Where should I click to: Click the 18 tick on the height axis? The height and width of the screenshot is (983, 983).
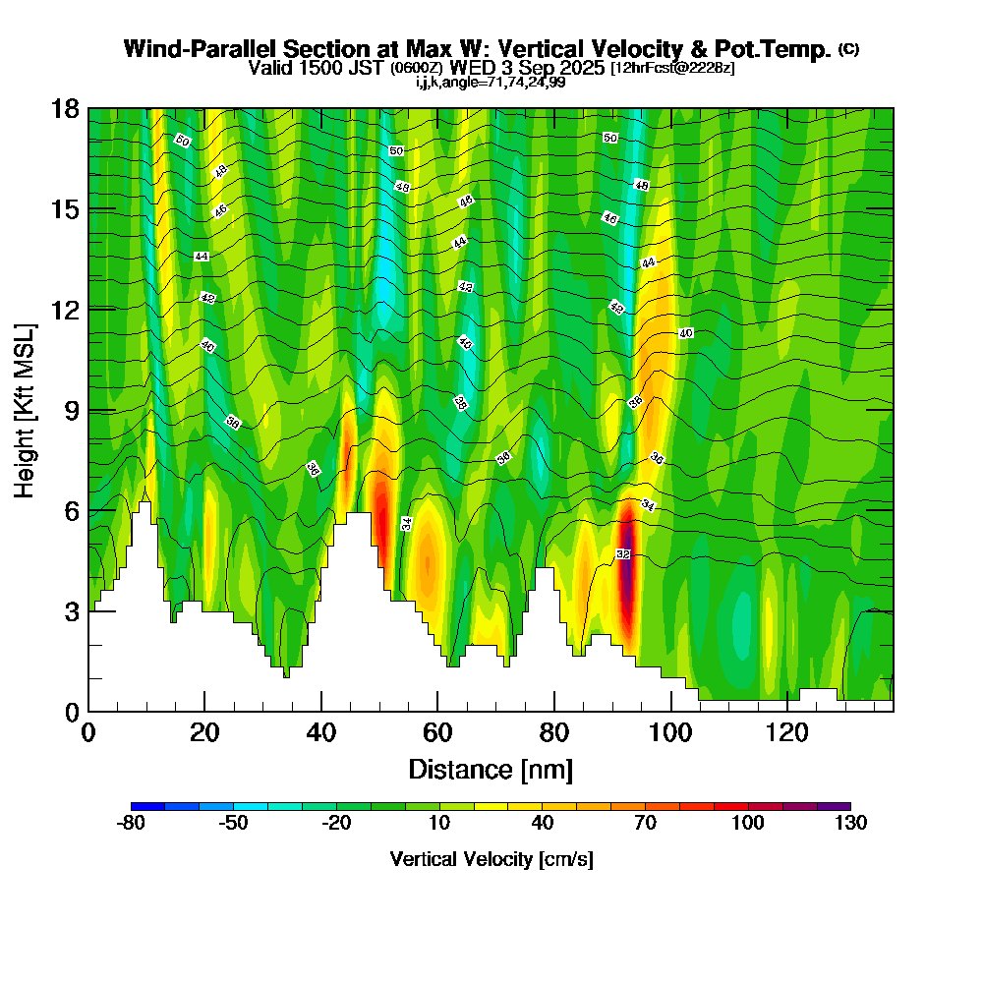pos(88,108)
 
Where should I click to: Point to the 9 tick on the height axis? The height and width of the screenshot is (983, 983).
pos(88,410)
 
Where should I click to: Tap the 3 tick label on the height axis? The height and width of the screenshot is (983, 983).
pos(68,611)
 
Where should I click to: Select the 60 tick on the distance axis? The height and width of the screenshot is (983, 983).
pos(437,711)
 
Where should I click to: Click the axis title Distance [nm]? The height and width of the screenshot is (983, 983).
pos(490,769)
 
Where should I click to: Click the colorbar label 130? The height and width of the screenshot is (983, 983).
pos(850,824)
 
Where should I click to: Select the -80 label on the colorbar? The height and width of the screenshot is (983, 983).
pos(132,824)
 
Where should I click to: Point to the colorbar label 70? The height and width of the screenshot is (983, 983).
pos(645,824)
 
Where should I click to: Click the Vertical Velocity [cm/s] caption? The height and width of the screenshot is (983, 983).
pos(491,859)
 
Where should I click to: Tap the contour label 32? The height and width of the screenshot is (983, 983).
pos(622,555)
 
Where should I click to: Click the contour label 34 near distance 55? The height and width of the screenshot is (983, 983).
pos(407,523)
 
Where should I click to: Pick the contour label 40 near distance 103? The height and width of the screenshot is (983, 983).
pos(686,333)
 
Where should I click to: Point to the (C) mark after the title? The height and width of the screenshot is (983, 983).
pos(848,48)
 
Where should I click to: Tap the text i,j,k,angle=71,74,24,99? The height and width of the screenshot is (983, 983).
pos(491,83)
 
